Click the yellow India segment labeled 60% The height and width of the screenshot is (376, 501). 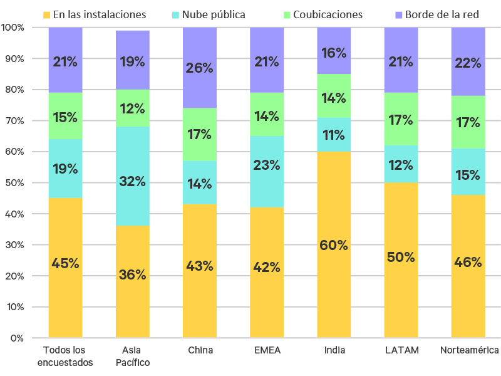click(334, 244)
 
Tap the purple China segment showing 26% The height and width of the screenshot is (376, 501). click(200, 68)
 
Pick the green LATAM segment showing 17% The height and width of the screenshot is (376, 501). click(401, 119)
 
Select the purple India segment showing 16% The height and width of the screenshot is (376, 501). click(334, 53)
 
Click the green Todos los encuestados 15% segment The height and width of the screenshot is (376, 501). click(66, 117)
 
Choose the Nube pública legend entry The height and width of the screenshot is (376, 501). click(214, 14)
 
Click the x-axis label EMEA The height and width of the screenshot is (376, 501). click(267, 350)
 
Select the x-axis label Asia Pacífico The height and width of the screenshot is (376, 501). click(133, 356)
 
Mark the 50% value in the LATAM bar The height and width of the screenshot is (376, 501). click(401, 257)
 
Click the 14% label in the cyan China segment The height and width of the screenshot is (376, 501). click(200, 184)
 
